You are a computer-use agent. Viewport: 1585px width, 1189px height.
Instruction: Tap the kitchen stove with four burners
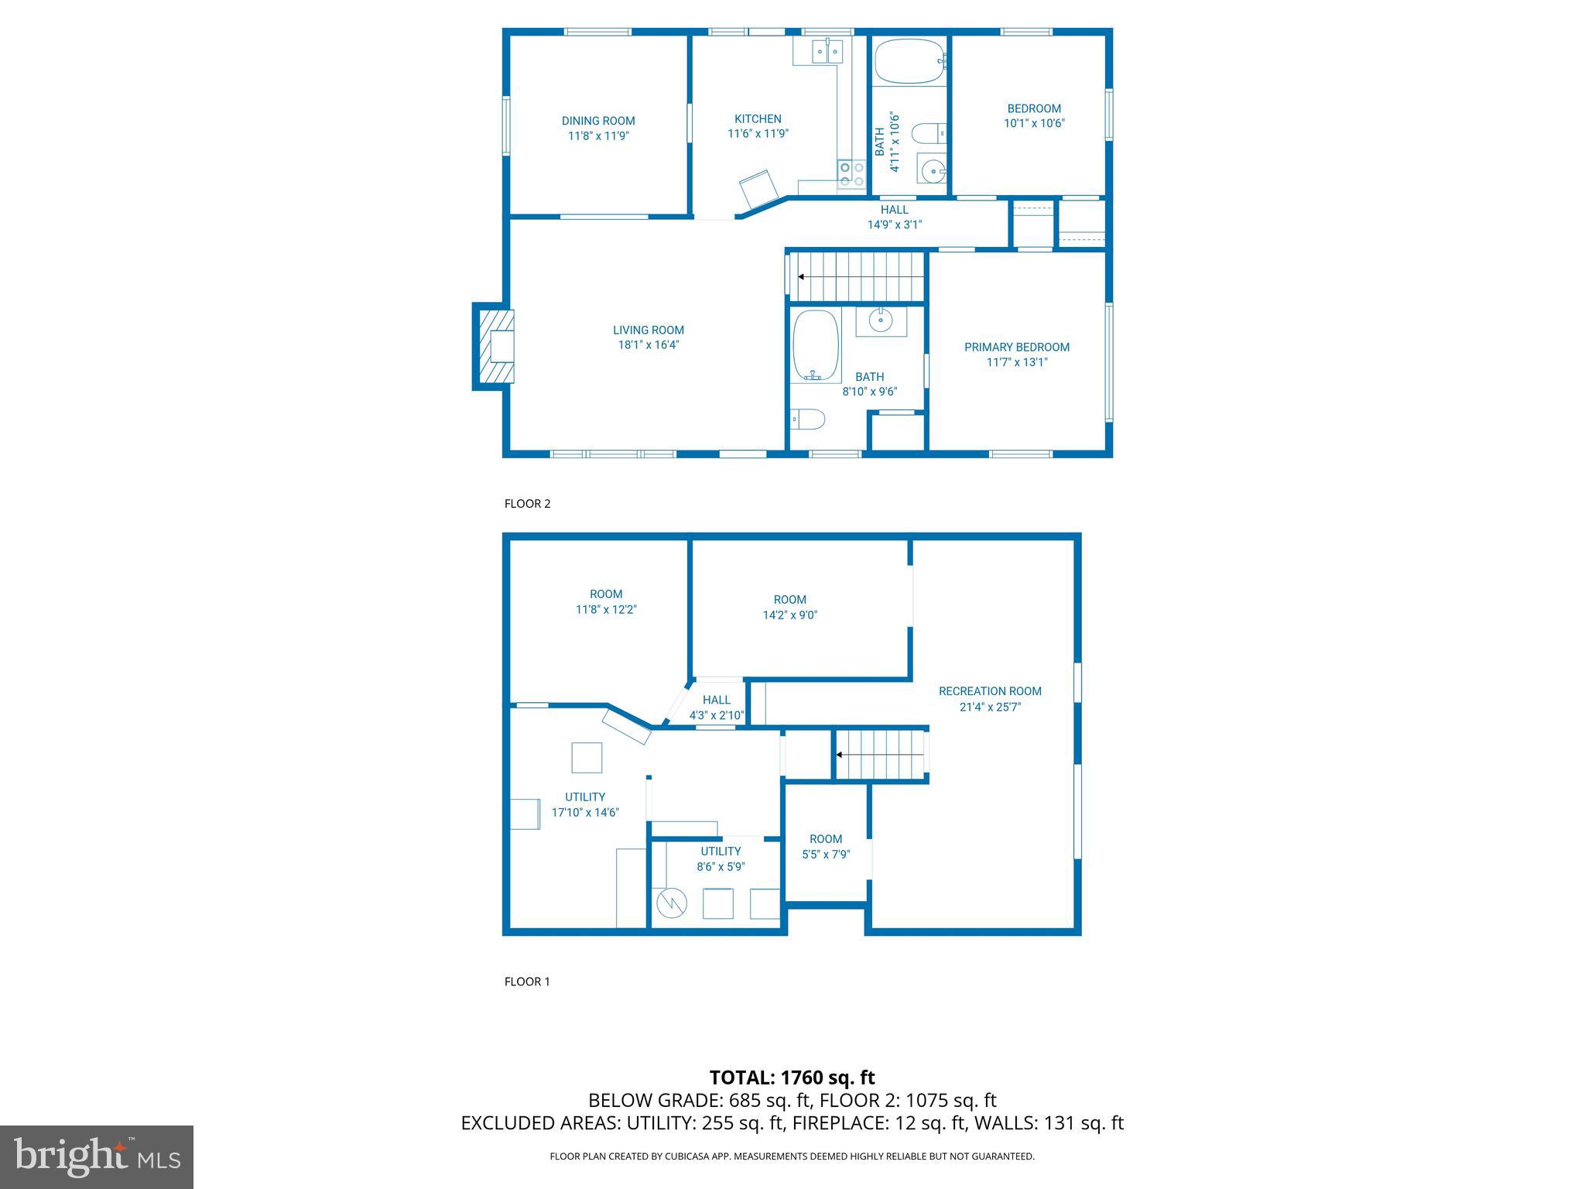[851, 174]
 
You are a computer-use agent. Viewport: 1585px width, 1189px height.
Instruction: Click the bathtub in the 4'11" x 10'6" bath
[909, 61]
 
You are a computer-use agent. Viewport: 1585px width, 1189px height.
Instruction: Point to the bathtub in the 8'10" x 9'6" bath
[816, 345]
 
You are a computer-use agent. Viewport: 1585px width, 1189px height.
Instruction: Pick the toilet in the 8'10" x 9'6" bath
[808, 420]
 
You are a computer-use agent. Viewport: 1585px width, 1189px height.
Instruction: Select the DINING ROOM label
[598, 121]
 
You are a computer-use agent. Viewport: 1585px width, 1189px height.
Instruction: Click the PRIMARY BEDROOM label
[1016, 347]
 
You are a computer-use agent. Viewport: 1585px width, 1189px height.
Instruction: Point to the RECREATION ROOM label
[990, 691]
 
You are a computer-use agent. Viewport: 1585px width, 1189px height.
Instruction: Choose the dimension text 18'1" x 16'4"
[649, 345]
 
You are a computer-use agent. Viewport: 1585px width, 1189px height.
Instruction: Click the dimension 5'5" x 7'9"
[826, 855]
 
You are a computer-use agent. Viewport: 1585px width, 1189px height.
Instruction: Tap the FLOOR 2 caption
[527, 503]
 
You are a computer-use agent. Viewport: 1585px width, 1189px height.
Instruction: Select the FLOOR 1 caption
[527, 982]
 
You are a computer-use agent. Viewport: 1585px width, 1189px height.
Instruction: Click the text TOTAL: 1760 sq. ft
[792, 1078]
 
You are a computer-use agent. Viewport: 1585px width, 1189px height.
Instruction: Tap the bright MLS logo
[97, 1156]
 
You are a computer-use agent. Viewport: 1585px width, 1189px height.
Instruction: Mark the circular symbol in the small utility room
[671, 903]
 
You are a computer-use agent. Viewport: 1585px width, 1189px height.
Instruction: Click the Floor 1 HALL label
[717, 700]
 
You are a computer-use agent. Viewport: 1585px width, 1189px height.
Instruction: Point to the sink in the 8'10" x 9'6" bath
[881, 319]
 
